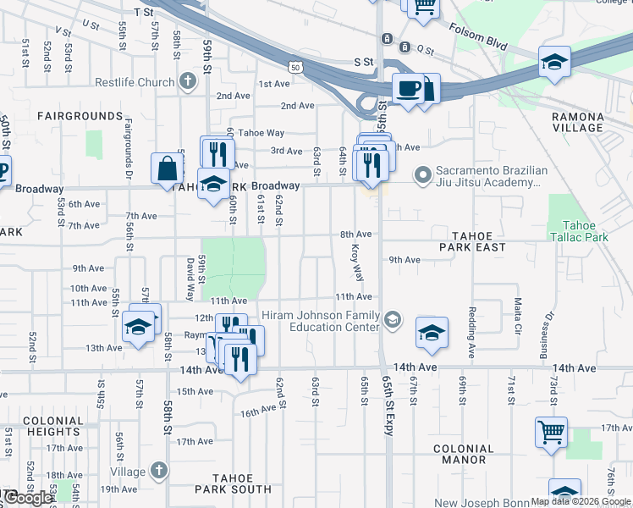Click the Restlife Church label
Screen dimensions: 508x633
(135, 82)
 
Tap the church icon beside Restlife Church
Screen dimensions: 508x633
(187, 82)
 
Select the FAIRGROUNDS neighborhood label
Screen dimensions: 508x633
(80, 115)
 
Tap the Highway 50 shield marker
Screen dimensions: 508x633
(294, 66)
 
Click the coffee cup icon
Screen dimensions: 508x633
(409, 89)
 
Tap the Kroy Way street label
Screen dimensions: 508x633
(357, 262)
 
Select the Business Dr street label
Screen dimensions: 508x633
(546, 335)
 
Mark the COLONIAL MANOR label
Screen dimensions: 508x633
(463, 455)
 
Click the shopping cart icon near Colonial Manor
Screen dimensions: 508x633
(551, 433)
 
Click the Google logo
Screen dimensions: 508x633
(27, 498)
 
